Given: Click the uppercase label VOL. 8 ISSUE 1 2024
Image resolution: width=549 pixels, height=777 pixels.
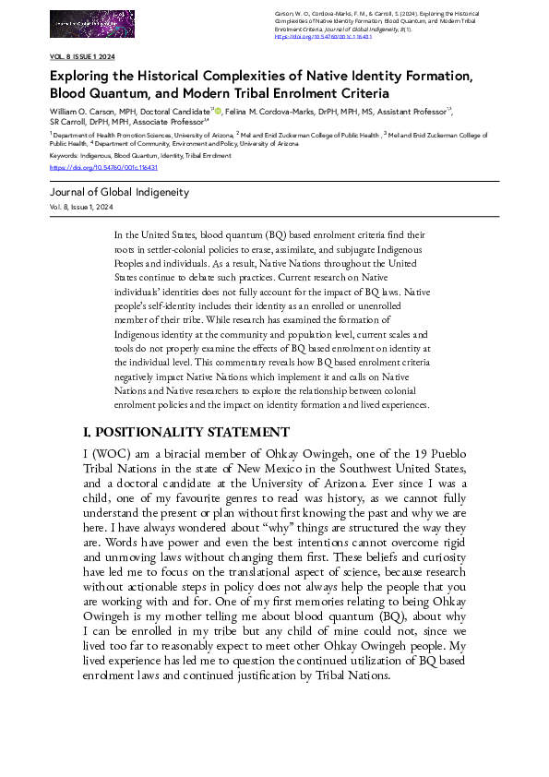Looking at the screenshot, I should pyautogui.click(x=84, y=57).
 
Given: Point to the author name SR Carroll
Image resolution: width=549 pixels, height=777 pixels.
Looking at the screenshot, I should pyautogui.click(x=66, y=120).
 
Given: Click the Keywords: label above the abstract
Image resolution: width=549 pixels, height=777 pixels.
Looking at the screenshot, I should pyautogui.click(x=64, y=156).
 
